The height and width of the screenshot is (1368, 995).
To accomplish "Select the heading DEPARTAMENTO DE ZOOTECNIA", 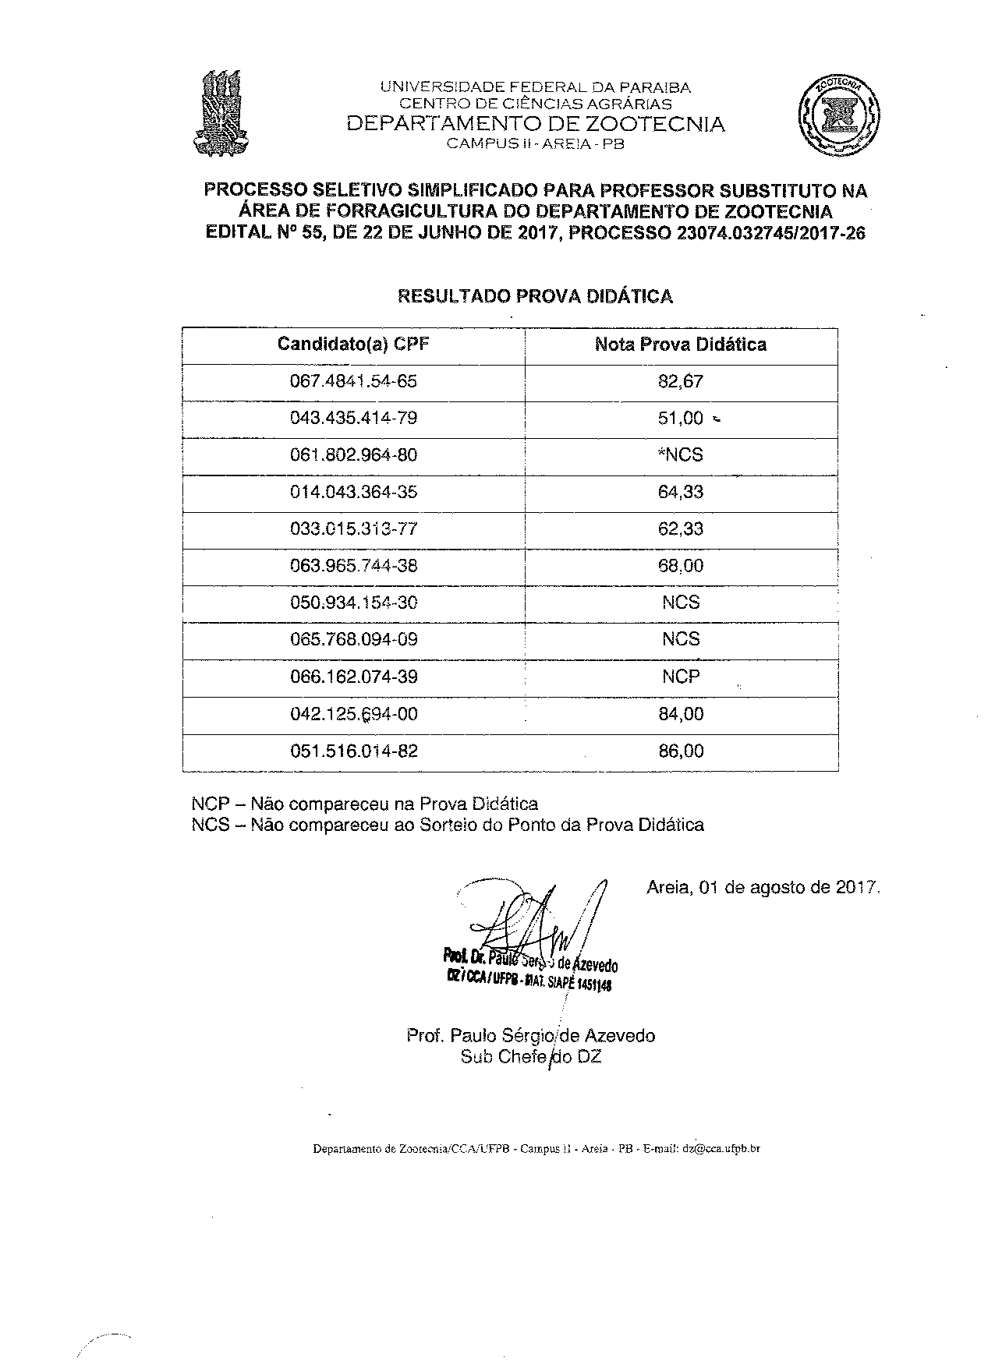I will (535, 124).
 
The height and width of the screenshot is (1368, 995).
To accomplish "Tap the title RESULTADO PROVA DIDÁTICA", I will (535, 296).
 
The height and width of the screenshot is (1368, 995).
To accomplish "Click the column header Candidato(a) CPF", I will (353, 345).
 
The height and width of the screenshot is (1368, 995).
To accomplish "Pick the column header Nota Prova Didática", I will (681, 345).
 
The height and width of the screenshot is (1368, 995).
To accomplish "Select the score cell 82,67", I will (681, 381).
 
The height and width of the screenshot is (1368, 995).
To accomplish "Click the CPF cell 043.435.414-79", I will (353, 418).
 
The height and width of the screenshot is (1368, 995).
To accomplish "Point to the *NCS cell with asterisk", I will (681, 454).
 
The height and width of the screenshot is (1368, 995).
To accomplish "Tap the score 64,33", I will (681, 492).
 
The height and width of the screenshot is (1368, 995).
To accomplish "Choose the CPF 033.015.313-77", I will (353, 528).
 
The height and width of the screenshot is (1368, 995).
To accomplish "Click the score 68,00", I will (681, 566).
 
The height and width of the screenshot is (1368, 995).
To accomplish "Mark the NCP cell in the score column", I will (681, 677).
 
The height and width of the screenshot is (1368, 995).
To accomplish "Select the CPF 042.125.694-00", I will (353, 714).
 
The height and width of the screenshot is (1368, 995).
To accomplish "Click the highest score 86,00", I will (681, 751).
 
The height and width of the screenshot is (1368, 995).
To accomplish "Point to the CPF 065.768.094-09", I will (353, 640).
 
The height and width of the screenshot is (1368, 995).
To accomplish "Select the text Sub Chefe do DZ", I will (531, 1057).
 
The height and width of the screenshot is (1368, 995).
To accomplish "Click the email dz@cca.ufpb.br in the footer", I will (721, 1149).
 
